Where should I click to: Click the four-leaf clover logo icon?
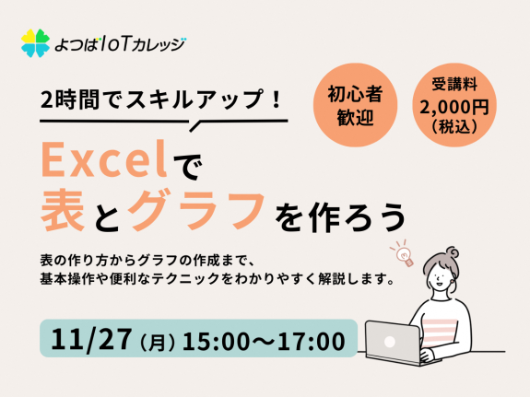tap(35, 43)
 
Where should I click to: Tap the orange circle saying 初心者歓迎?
tap(355, 105)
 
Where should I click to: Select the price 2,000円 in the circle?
tap(454, 108)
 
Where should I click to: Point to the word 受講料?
tap(454, 84)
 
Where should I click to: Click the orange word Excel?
tap(104, 159)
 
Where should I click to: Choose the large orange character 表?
tap(63, 210)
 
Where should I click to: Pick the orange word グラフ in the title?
tap(196, 211)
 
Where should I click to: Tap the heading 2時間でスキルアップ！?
tap(161, 99)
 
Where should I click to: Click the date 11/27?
tap(90, 339)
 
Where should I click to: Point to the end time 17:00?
tap(312, 341)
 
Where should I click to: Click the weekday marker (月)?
tap(157, 342)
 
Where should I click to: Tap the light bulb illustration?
tap(403, 254)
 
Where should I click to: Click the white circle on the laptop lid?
tap(390, 342)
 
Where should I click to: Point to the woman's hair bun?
tap(452, 252)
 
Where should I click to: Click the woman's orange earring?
tap(452, 280)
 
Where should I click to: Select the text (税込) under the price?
tap(454, 127)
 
